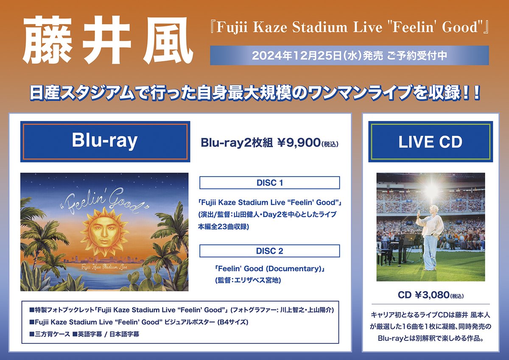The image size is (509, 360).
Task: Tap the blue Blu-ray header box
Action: click(105, 141)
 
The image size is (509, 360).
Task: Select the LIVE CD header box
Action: click(430, 142)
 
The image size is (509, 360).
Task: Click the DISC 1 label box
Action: click(269, 183)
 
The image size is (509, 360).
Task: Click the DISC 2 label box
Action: click(269, 251)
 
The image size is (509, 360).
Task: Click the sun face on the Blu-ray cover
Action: click(105, 230)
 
